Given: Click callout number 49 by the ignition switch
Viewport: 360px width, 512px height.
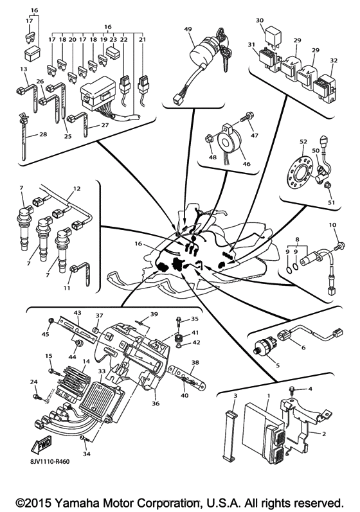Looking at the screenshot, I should click(188, 30).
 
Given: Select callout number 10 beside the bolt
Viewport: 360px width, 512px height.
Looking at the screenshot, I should click(332, 225).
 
